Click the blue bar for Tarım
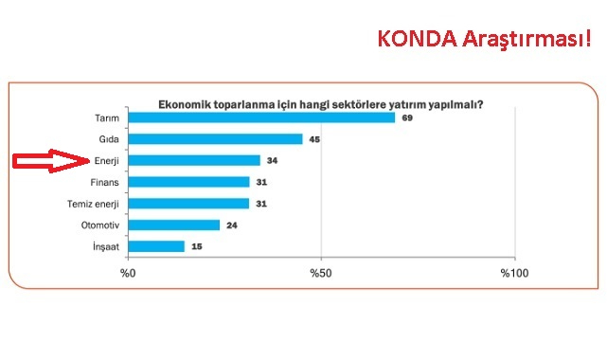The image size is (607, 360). coord(261,117)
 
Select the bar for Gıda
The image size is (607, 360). coord(215,139)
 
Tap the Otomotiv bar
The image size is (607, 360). coord(174,225)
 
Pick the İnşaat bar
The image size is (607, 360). coord(156,246)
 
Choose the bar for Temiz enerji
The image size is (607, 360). coord(188,204)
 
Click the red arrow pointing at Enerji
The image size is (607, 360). coord(49,161)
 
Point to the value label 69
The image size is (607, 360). coord(407,117)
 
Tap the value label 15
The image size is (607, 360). coord(197,246)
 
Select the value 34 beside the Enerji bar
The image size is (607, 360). coord(273,160)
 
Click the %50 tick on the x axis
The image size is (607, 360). coord(321,273)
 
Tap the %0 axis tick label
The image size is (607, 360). coord(128,273)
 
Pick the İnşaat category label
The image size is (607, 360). coord(104,246)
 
